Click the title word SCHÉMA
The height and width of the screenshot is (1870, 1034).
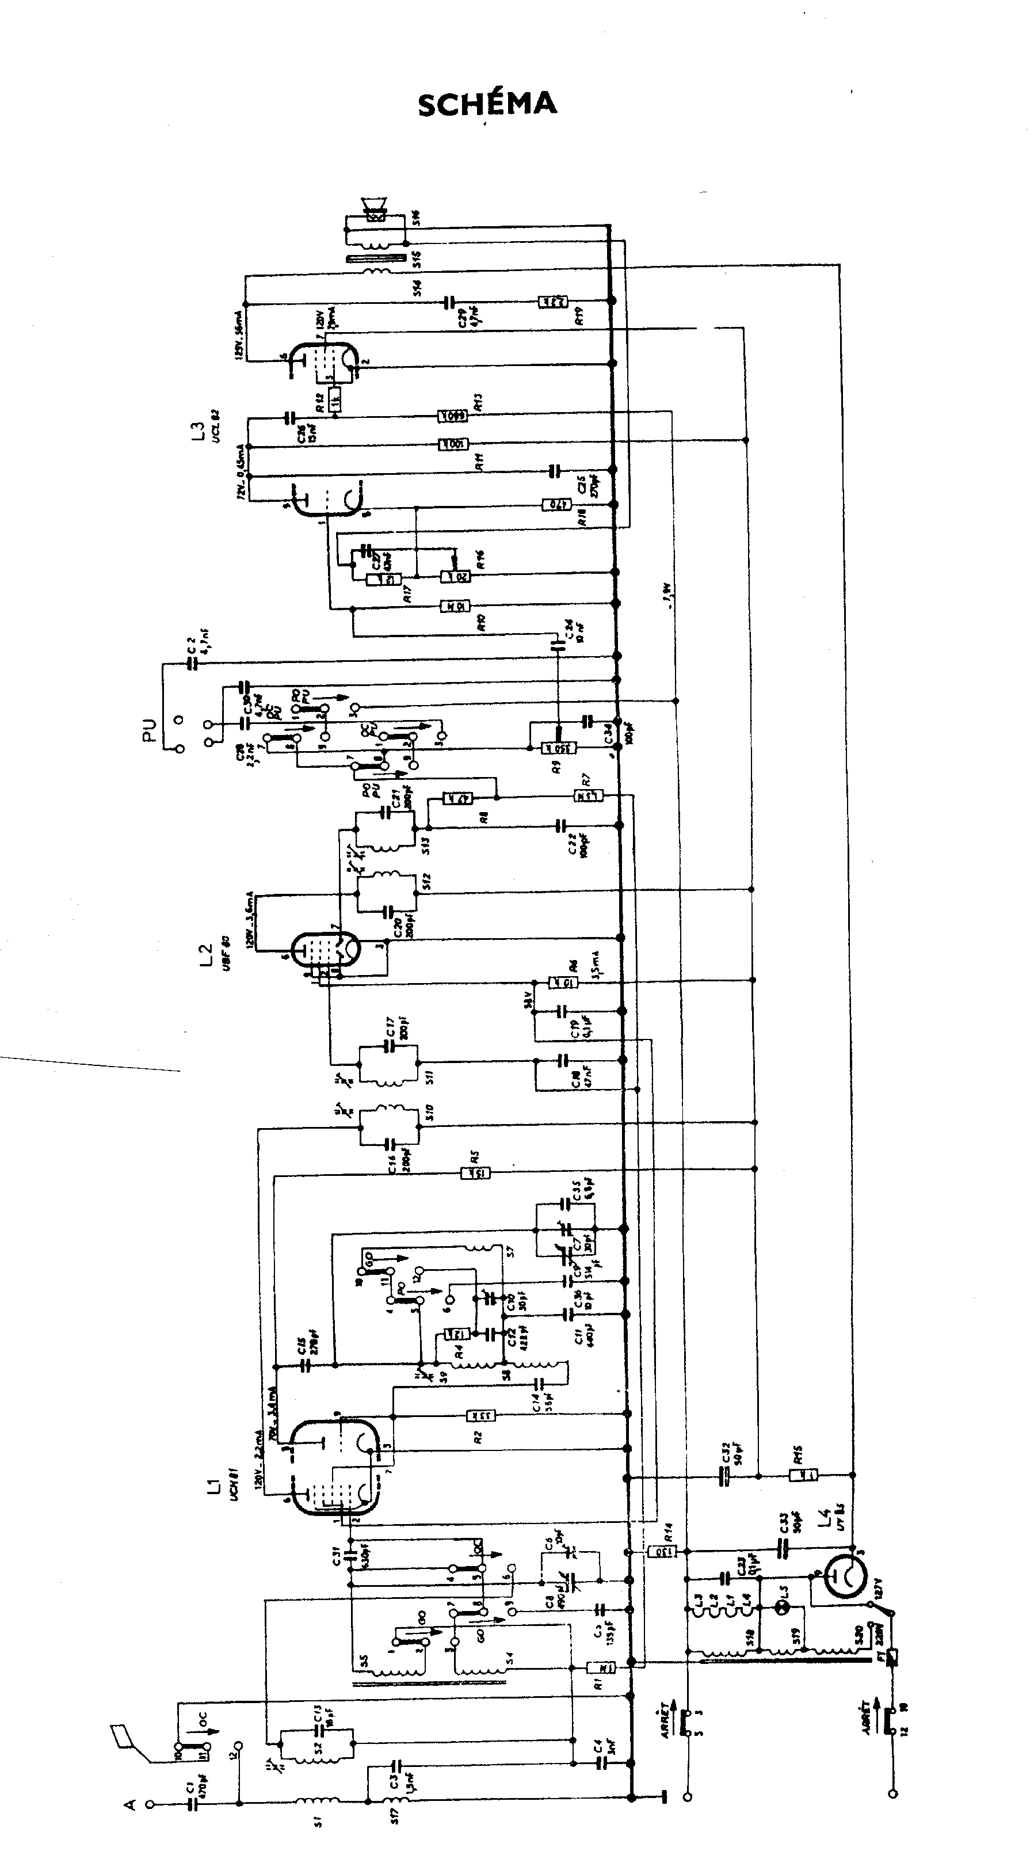(x=487, y=104)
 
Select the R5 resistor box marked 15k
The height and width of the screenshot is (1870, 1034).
(x=475, y=1172)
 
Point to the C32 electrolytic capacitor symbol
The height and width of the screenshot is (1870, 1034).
(x=723, y=1476)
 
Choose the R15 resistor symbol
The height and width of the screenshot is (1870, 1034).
(x=803, y=1475)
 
